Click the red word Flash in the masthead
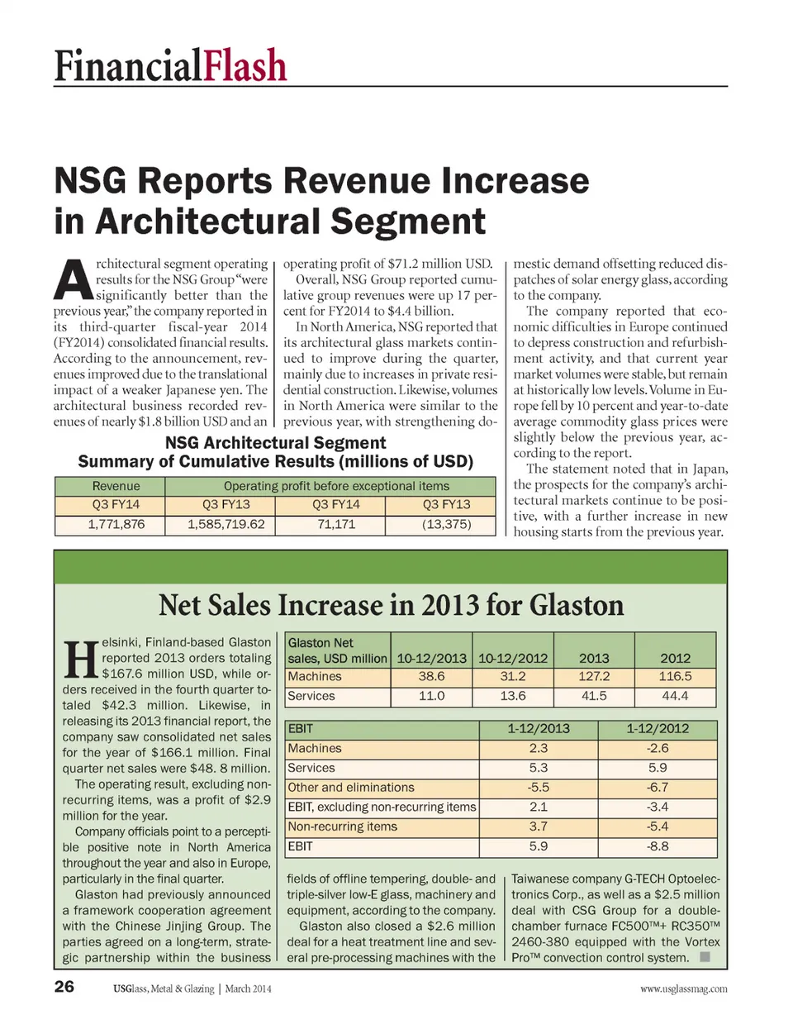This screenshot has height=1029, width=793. tap(245, 65)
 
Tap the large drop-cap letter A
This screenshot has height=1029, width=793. tap(73, 280)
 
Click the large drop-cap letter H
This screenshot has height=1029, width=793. tap(81, 659)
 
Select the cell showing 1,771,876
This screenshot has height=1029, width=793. tap(116, 524)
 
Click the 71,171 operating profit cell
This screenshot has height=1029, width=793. tap(336, 524)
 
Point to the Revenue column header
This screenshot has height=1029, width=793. tap(116, 486)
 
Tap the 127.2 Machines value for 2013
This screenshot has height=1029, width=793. tap(594, 676)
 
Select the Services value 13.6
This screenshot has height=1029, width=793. tap(513, 696)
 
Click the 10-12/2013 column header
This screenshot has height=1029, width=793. tap(431, 658)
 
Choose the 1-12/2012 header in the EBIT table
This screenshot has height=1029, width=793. tap(658, 728)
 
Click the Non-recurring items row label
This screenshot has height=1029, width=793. tap(342, 827)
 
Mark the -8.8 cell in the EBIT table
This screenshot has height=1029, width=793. tap(658, 846)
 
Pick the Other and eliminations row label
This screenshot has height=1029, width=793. tap(351, 788)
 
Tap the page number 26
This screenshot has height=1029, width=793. tap(64, 986)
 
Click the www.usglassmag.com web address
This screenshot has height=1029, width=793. tap(683, 989)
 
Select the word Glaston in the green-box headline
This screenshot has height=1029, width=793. tap(577, 605)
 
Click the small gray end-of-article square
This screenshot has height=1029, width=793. tap(705, 957)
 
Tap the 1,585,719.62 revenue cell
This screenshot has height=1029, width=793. tap(226, 524)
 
